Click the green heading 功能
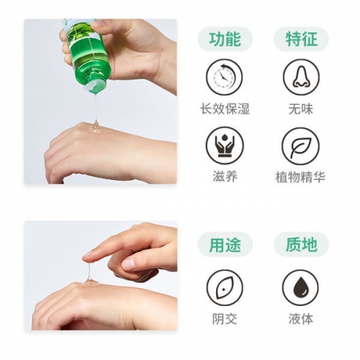225,40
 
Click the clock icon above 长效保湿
225,76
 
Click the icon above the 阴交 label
225,287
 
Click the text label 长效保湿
225,109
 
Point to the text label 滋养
225,177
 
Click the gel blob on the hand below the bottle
94,128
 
